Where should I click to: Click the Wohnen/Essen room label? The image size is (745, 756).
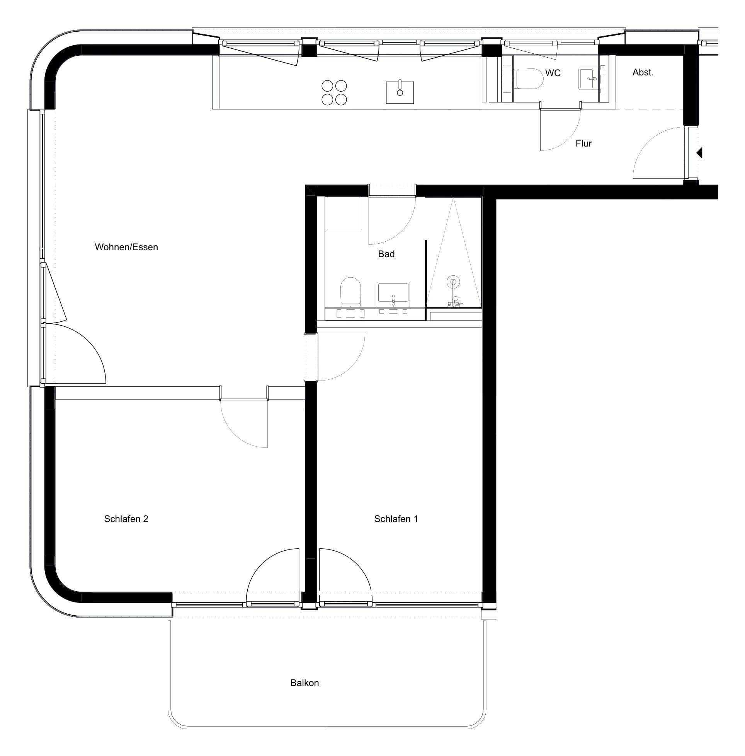click(126, 247)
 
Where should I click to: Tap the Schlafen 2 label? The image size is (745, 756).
click(126, 519)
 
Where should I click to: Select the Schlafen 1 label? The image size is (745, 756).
click(396, 519)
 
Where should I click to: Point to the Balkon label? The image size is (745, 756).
click(304, 683)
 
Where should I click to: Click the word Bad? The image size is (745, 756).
click(386, 254)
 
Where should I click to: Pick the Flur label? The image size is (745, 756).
click(583, 143)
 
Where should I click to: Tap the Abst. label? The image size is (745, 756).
click(643, 72)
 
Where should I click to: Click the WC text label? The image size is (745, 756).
click(553, 73)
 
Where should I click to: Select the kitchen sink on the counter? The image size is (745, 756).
click(400, 92)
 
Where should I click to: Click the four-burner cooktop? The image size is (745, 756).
click(334, 93)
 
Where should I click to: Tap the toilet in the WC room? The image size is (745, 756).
click(529, 79)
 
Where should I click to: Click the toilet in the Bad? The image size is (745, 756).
click(350, 292)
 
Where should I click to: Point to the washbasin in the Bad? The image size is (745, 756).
click(393, 294)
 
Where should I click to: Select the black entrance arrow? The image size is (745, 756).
click(699, 153)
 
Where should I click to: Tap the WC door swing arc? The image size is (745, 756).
click(568, 138)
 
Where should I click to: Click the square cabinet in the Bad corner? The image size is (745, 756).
click(343, 213)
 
